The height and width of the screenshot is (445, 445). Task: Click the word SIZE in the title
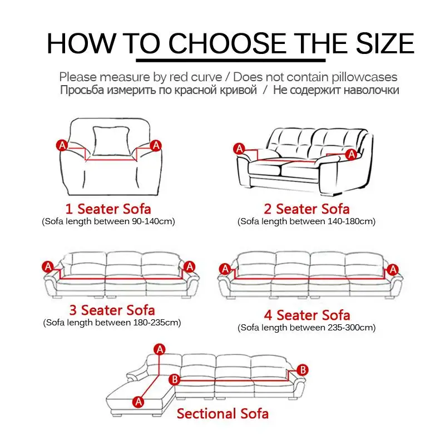tap(379, 43)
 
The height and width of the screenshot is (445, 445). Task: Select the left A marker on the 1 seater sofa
tap(62, 145)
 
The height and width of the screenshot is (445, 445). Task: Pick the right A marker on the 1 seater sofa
tap(156, 145)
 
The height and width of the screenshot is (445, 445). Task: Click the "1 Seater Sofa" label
tap(108, 209)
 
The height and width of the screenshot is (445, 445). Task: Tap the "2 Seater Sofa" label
tap(306, 209)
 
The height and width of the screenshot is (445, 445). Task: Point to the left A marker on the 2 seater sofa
tap(239, 149)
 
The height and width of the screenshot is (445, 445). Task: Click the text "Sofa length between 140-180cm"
tap(306, 221)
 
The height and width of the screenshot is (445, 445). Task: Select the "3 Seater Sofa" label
tap(112, 310)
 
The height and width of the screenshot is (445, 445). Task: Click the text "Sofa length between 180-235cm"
tap(112, 323)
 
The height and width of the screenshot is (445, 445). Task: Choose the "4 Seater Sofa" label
tap(306, 315)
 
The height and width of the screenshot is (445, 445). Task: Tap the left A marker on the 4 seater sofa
tap(225, 269)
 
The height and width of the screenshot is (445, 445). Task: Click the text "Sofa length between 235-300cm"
tap(306, 328)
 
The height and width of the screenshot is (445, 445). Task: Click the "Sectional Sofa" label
tap(222, 413)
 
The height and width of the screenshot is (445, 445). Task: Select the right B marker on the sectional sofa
tap(303, 369)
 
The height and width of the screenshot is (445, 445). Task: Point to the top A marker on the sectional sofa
tap(160, 349)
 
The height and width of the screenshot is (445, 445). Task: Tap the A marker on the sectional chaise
tap(139, 400)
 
